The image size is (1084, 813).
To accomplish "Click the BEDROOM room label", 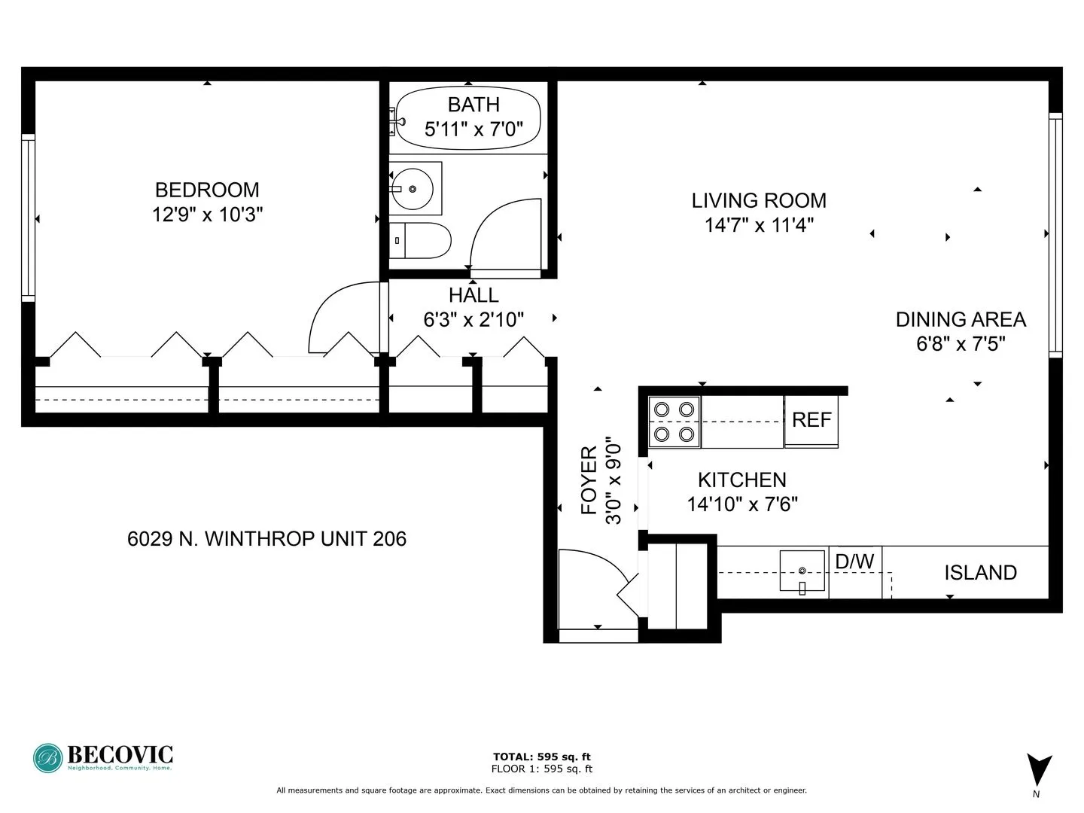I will [207, 190].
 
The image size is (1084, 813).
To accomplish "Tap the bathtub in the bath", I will [469, 118].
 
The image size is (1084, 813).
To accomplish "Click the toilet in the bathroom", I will [422, 240].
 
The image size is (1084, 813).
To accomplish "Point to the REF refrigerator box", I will [811, 420].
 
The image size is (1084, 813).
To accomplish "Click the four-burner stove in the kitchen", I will [674, 422].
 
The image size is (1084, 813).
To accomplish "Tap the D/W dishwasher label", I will [855, 562].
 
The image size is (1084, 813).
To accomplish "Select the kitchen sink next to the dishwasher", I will [802, 572].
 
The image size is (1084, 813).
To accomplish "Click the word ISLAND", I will [980, 573].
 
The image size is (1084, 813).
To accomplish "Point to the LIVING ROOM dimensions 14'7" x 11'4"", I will [759, 225].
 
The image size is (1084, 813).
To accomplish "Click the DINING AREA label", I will [961, 320].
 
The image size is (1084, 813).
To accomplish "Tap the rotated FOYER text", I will [589, 480].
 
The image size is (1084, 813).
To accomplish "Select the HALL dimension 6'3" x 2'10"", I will [473, 320].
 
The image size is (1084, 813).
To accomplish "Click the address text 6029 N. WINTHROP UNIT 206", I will [267, 539].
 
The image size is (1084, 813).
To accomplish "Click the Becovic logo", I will [103, 757].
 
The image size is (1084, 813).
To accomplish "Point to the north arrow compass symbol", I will [1039, 770].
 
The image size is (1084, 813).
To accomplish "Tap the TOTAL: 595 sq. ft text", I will [541, 757].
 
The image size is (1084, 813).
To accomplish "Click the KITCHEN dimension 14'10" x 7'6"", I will [742, 504].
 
